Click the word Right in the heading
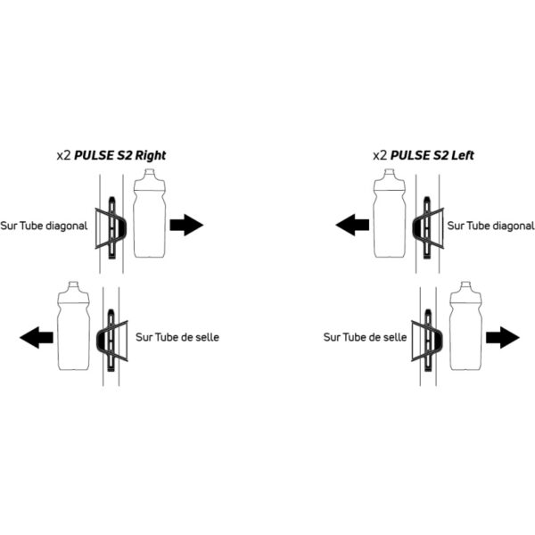click(151, 155)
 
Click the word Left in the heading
click(463, 155)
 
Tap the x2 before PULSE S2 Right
click(64, 155)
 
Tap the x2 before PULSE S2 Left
click(380, 155)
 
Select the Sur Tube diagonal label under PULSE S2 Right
click(44, 226)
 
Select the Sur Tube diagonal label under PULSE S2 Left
click(490, 226)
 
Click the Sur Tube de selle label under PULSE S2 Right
click(177, 337)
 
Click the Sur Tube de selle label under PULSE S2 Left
click(365, 337)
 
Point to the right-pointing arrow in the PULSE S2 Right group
click(186, 225)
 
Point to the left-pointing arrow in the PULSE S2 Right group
click(37, 337)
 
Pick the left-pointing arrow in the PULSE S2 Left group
click(352, 225)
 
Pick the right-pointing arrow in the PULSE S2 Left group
click(503, 337)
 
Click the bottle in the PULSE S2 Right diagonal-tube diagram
click(150, 213)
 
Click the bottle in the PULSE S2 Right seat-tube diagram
click(74, 325)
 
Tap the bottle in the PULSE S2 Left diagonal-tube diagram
click(390, 213)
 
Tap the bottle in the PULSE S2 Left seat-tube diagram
click(466, 325)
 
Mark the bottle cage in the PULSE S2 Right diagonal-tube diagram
click(111, 227)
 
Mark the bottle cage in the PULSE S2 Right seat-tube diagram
click(112, 341)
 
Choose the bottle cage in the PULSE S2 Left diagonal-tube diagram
click(428, 227)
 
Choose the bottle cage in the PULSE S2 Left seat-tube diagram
click(427, 341)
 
